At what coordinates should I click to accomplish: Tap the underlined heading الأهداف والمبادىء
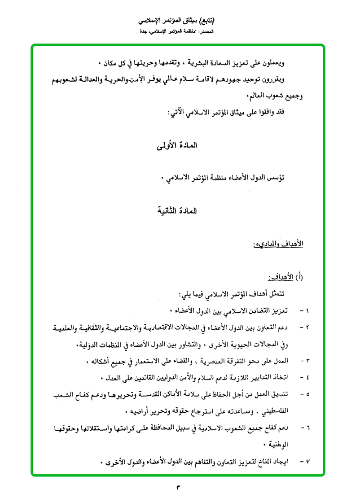(x=278, y=244)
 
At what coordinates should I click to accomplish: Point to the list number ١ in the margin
(x=308, y=310)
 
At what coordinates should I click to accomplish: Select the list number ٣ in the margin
(x=308, y=361)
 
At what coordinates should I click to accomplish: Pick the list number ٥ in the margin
(x=308, y=394)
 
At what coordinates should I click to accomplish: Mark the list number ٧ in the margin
(x=308, y=462)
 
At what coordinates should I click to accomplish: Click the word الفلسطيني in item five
(x=272, y=411)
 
